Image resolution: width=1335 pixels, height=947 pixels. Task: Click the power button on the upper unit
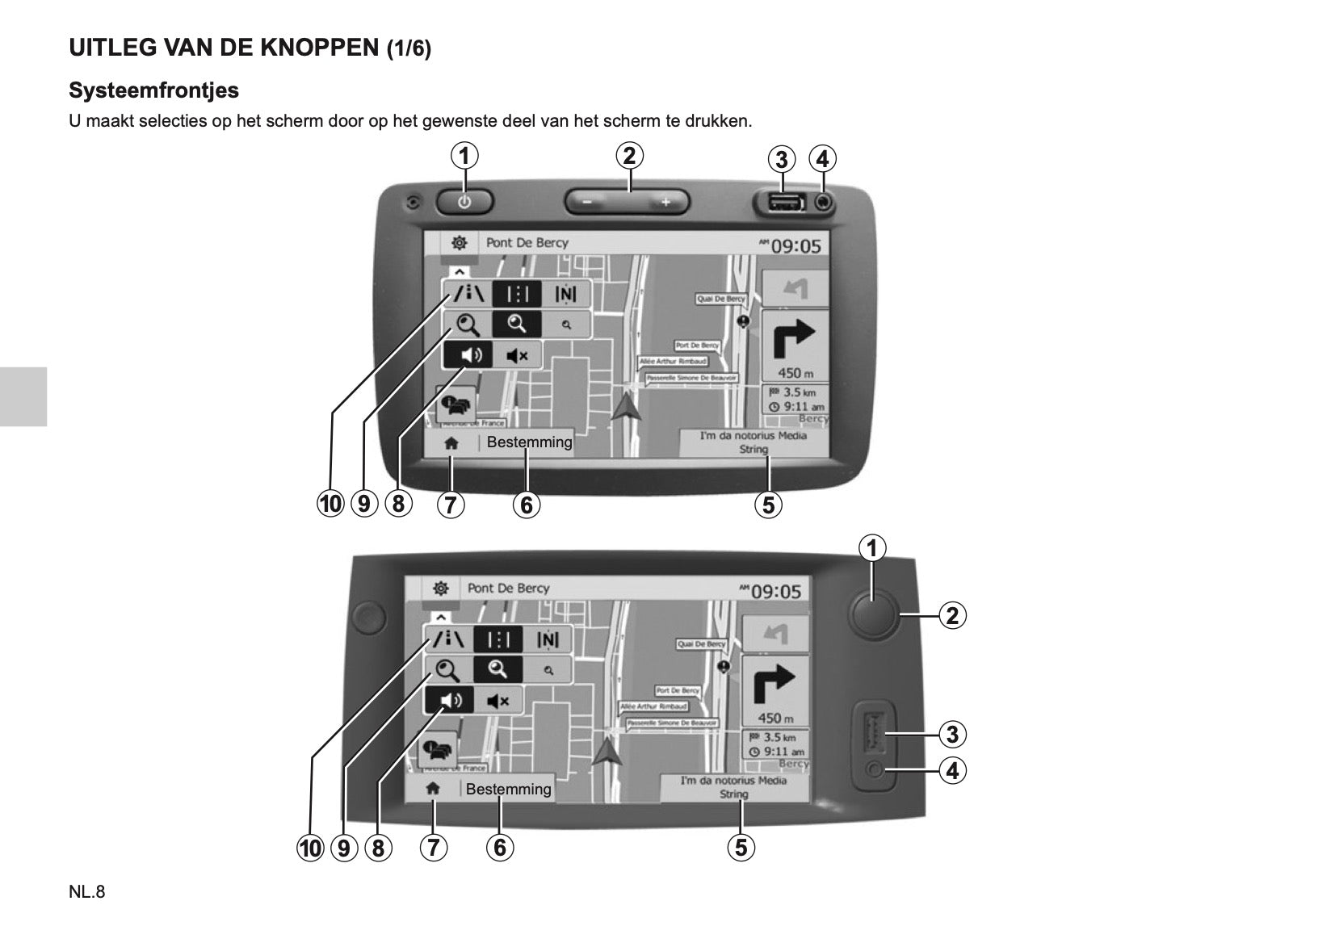point(464,202)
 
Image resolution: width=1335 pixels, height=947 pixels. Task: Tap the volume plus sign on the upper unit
point(665,202)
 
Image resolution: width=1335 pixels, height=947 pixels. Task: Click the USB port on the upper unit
point(781,202)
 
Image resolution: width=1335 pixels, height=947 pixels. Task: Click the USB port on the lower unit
point(871,732)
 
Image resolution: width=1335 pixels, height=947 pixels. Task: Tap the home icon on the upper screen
point(451,443)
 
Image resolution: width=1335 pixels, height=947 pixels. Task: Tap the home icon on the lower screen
point(433,789)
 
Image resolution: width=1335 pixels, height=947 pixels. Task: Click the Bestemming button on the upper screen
point(529,442)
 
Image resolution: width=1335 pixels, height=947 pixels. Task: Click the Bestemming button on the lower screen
point(509,789)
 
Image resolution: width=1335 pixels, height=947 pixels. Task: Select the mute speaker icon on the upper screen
point(517,355)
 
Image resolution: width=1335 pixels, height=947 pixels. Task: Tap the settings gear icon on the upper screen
point(460,242)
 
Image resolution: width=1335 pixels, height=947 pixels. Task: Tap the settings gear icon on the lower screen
point(440,588)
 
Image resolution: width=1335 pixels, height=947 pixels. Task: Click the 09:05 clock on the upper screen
point(796,245)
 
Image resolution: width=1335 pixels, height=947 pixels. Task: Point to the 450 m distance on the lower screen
point(775,718)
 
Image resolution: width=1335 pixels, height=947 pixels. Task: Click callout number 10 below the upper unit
point(330,505)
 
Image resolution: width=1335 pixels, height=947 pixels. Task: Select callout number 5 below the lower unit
point(741,848)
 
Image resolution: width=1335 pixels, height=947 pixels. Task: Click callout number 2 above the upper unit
point(629,155)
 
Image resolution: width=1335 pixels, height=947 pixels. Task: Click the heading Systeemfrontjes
point(153,90)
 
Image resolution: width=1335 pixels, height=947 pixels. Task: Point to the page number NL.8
point(87,892)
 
